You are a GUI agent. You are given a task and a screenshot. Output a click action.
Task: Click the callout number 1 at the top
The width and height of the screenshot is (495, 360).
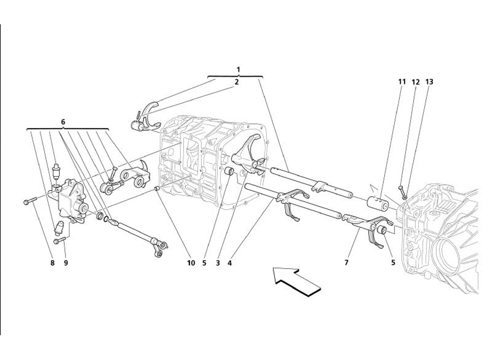pos(238,69)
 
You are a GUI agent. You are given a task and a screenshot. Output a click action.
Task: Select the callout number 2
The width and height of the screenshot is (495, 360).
pos(236,82)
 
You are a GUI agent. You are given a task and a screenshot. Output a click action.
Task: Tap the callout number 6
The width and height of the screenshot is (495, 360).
pos(63,122)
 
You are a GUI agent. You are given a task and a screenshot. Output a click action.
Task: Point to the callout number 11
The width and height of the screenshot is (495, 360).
pos(401,82)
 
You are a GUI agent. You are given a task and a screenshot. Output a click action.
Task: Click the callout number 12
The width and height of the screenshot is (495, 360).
pos(415,82)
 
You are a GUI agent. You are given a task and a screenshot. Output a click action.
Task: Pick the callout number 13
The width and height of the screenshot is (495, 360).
pos(429,82)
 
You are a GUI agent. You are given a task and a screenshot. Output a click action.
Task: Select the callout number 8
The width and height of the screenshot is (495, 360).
pos(52,263)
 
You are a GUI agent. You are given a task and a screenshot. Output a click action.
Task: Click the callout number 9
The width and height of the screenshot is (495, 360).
pos(66,263)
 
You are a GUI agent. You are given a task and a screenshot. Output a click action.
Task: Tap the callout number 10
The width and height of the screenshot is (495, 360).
pos(191,263)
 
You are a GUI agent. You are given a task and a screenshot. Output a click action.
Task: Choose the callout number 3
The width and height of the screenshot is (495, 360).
pos(218,263)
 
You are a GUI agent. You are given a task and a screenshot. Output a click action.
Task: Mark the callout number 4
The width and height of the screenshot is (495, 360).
pos(229,263)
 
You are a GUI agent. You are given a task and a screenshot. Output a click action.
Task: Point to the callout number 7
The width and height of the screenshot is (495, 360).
pos(346,263)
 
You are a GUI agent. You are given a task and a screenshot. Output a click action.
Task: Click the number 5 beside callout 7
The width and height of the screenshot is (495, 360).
pos(393,263)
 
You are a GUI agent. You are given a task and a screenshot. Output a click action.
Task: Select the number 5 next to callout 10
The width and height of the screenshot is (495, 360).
pos(204,263)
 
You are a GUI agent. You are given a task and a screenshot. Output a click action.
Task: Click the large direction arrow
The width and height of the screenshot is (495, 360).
pos(296,281)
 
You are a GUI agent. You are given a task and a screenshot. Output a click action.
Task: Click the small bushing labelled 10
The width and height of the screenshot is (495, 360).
pos(156,189)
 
